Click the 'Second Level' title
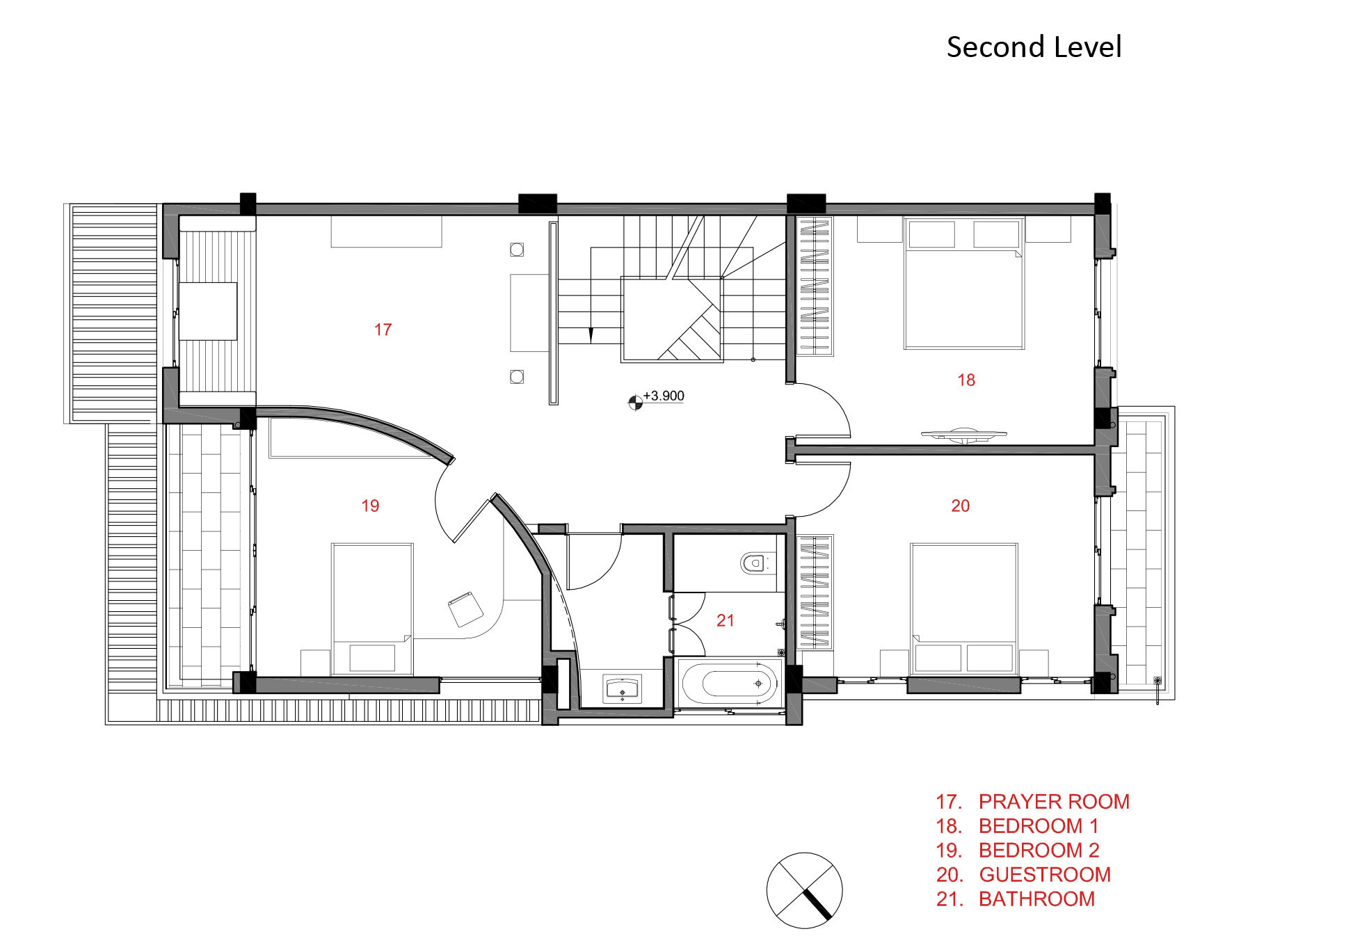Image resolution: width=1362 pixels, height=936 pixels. point(1034,47)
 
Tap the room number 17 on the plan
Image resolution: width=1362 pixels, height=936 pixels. point(383,330)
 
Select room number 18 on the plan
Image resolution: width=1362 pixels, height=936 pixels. point(966,380)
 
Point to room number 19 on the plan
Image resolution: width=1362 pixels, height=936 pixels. point(370,506)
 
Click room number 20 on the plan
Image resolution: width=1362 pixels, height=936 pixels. point(960,506)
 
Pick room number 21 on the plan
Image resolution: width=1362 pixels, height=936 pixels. point(725,620)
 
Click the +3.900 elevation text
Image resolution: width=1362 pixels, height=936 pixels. point(664,396)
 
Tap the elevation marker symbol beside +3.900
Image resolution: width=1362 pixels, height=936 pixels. point(634,402)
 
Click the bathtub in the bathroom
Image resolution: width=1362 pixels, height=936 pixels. point(730,684)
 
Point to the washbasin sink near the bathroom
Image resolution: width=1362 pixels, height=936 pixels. point(623,688)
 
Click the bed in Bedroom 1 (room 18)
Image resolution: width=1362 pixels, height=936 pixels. point(964,283)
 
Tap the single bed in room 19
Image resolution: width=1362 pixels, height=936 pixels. point(372,609)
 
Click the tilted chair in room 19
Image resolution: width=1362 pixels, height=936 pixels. point(465,609)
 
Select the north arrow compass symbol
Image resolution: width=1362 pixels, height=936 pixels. point(804,890)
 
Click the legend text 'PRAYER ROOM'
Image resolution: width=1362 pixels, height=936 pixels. point(1054,802)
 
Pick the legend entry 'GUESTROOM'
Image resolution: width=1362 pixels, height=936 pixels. point(1045,875)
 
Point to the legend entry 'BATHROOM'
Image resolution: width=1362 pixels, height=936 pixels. point(1036,899)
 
